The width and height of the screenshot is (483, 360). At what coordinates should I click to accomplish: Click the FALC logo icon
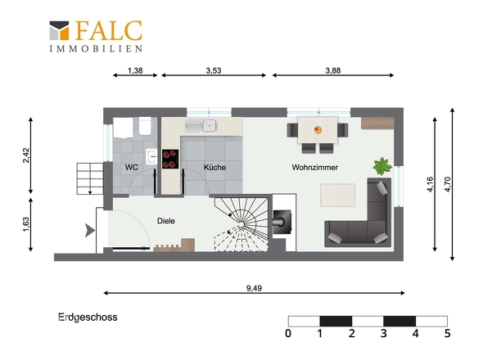59,30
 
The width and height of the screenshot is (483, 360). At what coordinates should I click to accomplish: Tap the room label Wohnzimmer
315,168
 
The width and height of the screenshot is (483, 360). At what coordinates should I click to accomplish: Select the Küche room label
214,168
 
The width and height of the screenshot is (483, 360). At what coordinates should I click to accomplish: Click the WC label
132,168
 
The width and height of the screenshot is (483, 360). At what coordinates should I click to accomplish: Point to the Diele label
166,221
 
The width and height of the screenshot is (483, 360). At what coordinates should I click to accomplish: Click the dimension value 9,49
254,288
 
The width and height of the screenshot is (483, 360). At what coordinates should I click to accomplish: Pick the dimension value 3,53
214,70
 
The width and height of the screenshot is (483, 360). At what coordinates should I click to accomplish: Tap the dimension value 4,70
448,184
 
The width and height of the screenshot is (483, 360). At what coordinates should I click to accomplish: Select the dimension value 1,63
26,224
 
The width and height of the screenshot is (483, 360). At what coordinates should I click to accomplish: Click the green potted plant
382,166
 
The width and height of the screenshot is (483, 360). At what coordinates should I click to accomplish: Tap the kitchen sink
201,126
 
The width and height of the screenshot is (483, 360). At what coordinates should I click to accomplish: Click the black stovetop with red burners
170,160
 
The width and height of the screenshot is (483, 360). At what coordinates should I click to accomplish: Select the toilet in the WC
145,126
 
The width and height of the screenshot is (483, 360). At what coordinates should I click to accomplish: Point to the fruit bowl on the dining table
318,130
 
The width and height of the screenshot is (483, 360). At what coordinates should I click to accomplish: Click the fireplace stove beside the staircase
282,222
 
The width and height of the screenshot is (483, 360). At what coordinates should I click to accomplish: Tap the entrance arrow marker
89,231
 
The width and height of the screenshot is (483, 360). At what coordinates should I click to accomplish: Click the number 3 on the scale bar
383,333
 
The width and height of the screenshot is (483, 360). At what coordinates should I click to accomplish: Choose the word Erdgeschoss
88,317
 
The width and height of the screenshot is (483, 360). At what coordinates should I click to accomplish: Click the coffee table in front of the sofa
337,196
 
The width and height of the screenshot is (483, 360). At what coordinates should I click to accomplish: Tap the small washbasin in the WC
151,156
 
